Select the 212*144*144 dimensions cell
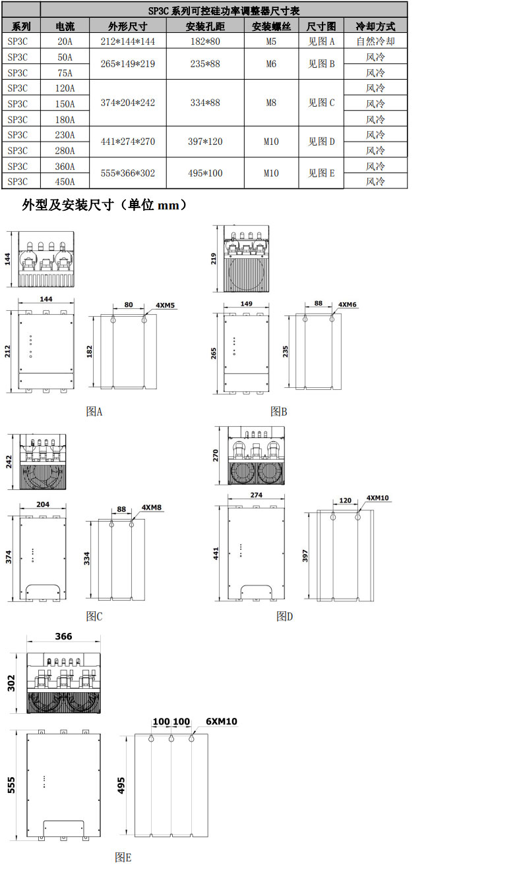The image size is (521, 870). point(127,41)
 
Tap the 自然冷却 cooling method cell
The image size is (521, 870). point(375,41)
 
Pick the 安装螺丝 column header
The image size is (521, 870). point(271,26)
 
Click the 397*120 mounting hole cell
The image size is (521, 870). point(205,142)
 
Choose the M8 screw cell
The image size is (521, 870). point(271,103)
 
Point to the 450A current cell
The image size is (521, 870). point(65,182)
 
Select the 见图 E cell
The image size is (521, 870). point(322,173)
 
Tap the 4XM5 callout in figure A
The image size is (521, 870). point(165,306)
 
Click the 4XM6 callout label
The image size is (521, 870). point(348,305)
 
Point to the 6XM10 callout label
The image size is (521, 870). point(221,722)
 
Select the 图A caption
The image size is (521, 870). point(94,412)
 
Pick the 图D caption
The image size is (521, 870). point(284,616)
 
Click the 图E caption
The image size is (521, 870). point(123,857)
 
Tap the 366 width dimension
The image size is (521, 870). point(64,636)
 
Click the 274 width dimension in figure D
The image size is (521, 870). point(257,495)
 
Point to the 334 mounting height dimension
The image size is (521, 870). point(86,558)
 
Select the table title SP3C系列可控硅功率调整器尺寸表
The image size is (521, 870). point(224,11)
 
